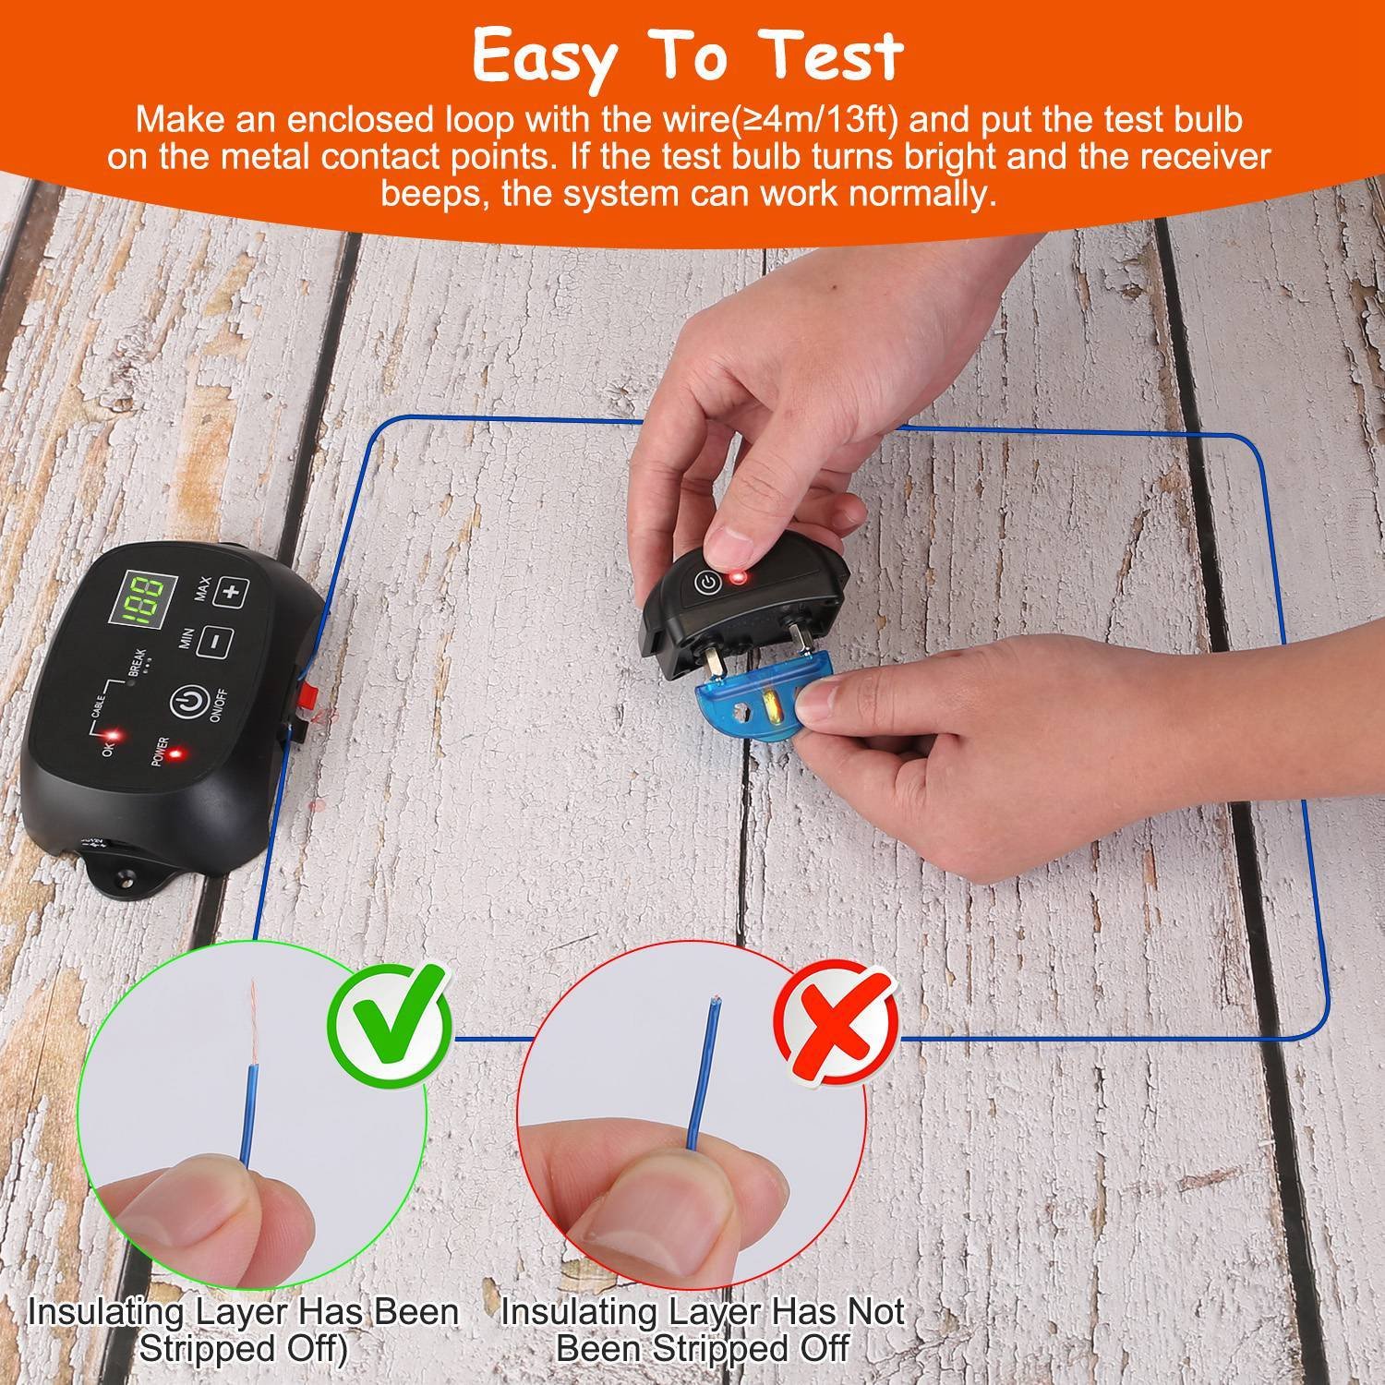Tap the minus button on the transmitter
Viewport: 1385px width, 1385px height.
[213, 639]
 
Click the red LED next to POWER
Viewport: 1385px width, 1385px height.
[173, 753]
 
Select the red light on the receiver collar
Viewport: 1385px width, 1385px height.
[737, 579]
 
